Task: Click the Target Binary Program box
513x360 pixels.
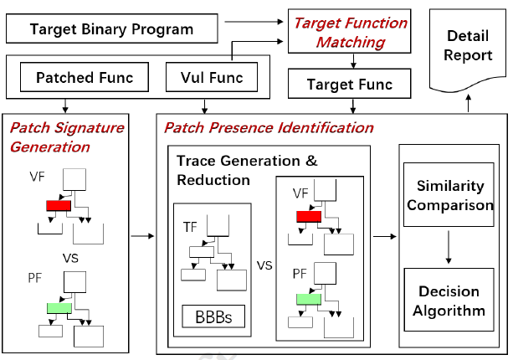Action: (112, 28)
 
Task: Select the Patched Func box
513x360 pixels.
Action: (85, 77)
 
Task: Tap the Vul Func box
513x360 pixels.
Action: (212, 77)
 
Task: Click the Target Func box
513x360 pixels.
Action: (350, 84)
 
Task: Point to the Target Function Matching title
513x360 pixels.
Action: (351, 33)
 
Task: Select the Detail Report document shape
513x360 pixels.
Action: (468, 49)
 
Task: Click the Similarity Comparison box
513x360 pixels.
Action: (449, 195)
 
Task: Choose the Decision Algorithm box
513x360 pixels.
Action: (449, 300)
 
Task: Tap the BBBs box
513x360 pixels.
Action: (213, 316)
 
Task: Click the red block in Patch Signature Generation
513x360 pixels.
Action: (59, 205)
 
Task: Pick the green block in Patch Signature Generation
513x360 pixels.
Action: (59, 308)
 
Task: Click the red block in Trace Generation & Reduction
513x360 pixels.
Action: (309, 216)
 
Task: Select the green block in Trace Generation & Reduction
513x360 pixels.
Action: (309, 299)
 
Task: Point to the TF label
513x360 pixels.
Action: (190, 227)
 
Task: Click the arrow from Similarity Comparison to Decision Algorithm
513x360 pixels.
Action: (449, 247)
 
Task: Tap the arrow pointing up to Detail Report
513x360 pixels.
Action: (469, 103)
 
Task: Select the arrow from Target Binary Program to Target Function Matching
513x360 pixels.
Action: (254, 22)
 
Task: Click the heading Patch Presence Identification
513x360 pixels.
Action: (269, 127)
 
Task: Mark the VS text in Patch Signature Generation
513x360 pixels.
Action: (70, 258)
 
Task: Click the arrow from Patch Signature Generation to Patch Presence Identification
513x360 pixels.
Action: (142, 236)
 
